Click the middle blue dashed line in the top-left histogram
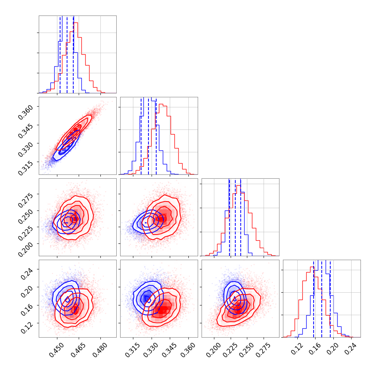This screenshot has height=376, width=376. (x=67, y=54)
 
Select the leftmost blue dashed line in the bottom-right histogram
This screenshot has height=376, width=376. (x=314, y=298)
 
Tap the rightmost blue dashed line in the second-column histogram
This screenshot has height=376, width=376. (x=156, y=136)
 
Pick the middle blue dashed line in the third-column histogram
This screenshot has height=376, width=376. (x=235, y=217)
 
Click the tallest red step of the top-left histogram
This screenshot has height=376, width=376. (x=76, y=23)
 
